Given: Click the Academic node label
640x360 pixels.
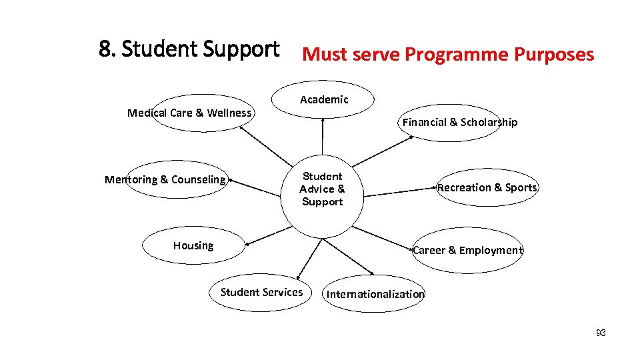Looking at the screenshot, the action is (x=324, y=100).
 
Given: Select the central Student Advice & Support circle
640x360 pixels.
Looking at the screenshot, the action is (x=322, y=189).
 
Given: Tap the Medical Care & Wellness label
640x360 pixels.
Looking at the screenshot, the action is (x=189, y=113).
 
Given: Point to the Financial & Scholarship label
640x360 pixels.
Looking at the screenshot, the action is (x=459, y=122).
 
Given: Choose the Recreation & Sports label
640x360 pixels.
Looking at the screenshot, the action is (x=487, y=187).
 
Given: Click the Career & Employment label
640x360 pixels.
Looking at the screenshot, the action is (x=467, y=250).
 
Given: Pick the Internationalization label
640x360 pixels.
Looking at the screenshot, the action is (x=375, y=294).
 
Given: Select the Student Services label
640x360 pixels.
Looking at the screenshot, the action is (x=261, y=292).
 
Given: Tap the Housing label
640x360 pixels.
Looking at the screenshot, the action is (x=193, y=245).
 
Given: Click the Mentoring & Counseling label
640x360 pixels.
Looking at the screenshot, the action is (x=165, y=179).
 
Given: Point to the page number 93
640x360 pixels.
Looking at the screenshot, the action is (x=601, y=333).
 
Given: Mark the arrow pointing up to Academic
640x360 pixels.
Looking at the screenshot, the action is (x=323, y=137).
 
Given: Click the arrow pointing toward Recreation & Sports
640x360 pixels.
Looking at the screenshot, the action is (x=400, y=191).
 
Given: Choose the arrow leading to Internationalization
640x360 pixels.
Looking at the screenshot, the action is (x=353, y=256).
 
